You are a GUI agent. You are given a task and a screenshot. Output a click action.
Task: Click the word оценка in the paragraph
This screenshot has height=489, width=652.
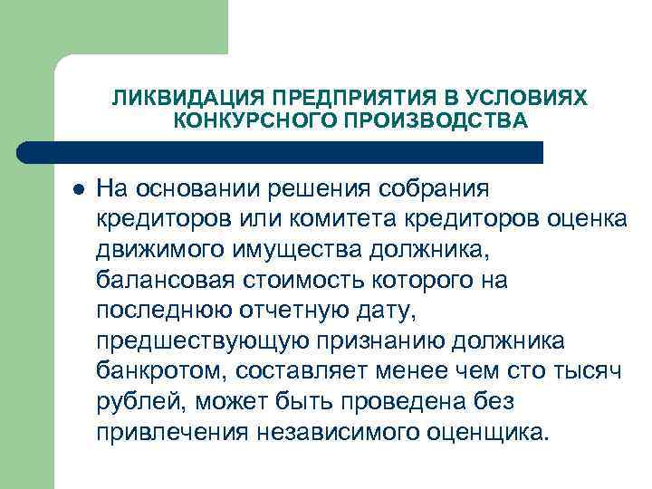[577, 221]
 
